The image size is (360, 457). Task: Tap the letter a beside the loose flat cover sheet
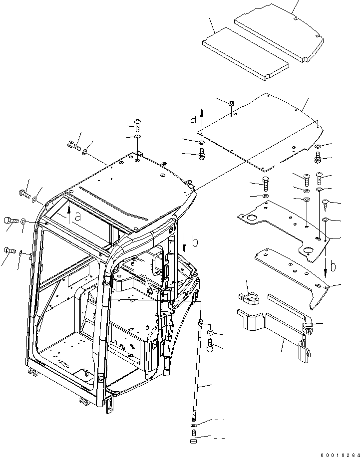click(193, 119)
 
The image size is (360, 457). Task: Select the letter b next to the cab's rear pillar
click(195, 242)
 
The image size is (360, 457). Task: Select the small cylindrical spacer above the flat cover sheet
click(232, 104)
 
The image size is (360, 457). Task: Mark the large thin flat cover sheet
click(260, 131)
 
